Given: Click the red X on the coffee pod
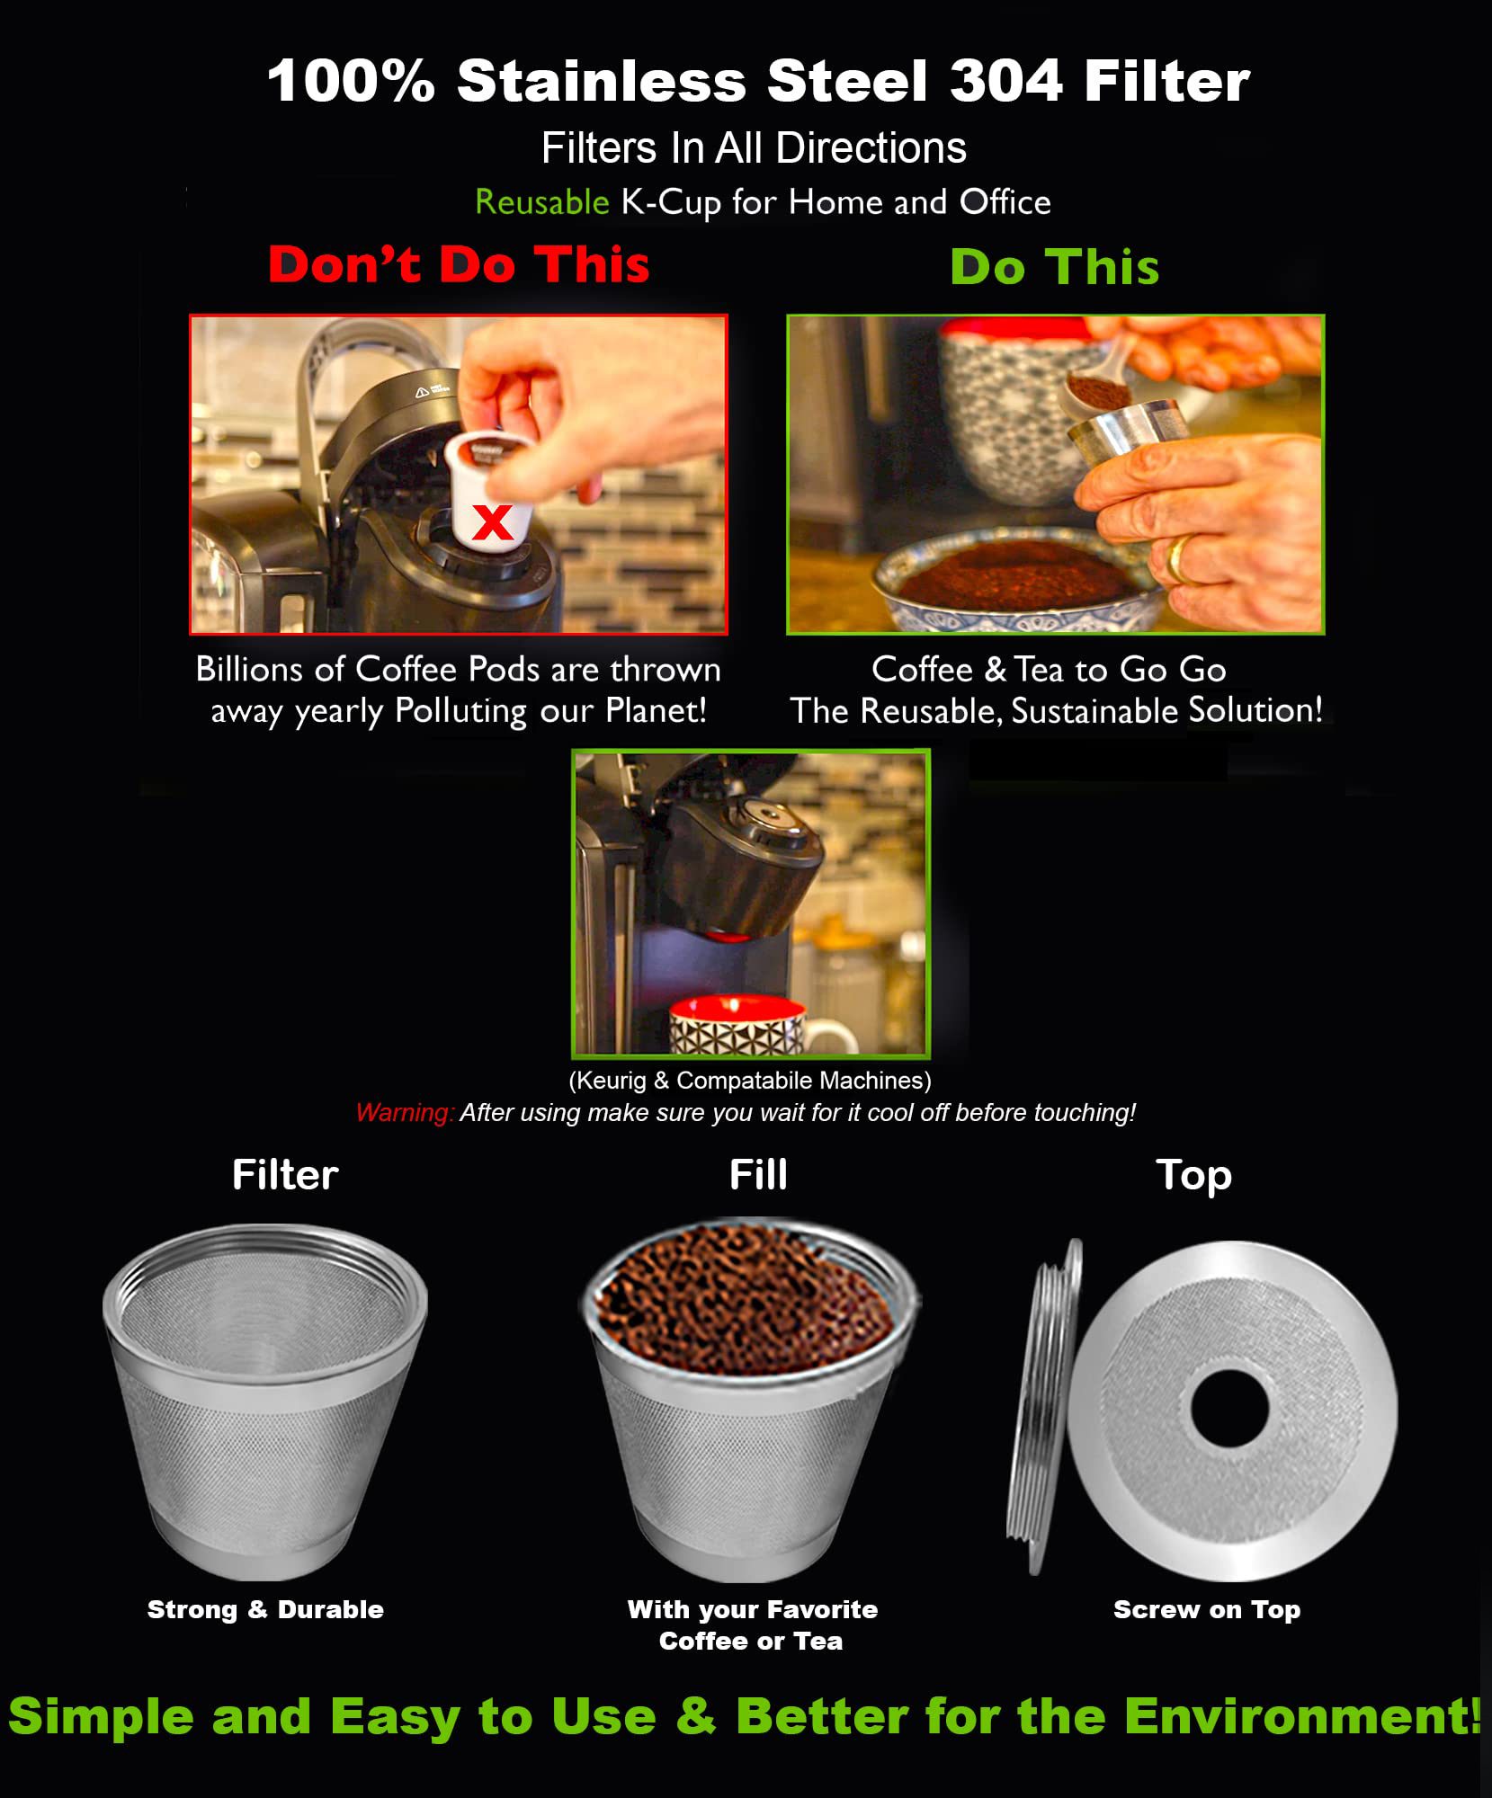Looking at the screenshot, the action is point(492,522).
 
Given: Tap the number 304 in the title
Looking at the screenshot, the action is point(1006,81).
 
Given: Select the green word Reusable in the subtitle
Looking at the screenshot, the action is point(542,202).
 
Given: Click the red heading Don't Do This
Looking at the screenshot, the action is point(459,264).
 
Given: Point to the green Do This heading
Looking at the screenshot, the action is point(1055,267).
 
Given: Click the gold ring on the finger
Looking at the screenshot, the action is point(1177,558).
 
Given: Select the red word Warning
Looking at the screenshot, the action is point(404,1113).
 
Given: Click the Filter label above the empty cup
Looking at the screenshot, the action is point(285,1175).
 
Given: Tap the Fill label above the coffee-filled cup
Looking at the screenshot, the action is point(758,1175).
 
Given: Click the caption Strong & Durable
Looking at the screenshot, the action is point(265,1609).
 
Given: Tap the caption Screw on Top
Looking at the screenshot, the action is point(1207,1610).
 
